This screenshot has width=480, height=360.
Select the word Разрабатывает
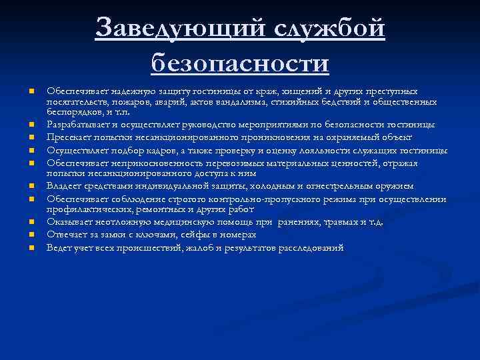click(x=75, y=125)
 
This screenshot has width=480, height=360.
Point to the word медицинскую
click(x=202, y=223)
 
